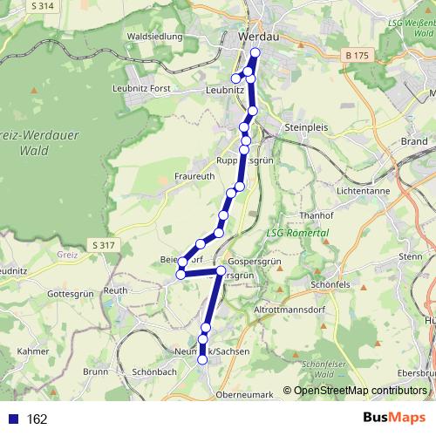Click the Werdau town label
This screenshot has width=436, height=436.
[259, 37]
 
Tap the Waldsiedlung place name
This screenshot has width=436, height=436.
[154, 37]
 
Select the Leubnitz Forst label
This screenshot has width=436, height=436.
[141, 88]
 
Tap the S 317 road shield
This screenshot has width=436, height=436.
[102, 245]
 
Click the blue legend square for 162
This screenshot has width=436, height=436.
[13, 419]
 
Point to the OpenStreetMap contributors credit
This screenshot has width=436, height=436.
[360, 391]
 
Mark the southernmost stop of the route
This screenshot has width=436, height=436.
[202, 359]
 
